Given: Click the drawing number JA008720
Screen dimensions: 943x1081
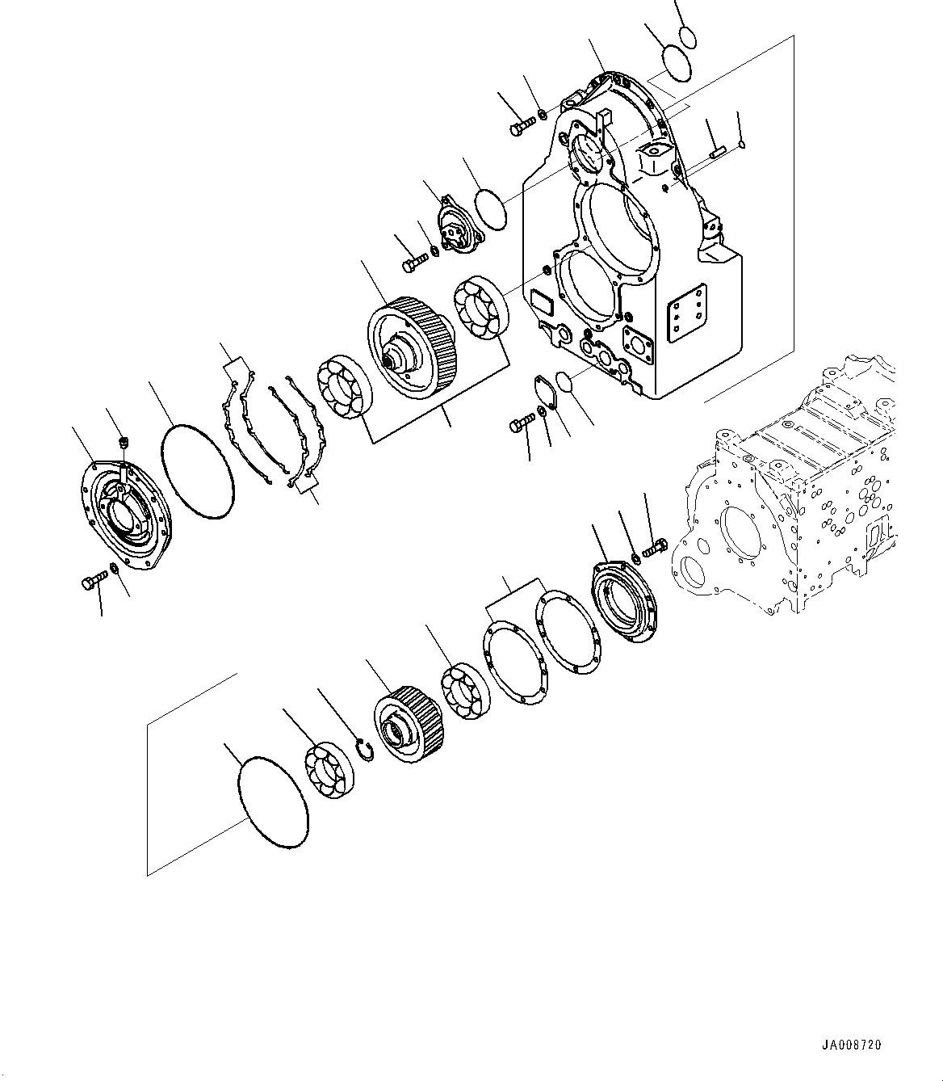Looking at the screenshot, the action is (x=853, y=1045).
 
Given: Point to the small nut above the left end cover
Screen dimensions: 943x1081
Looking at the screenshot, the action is (x=124, y=442).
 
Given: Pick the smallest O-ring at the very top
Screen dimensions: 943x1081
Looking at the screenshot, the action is (x=687, y=37).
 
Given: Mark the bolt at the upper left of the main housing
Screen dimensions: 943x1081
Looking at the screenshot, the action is (x=522, y=126).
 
